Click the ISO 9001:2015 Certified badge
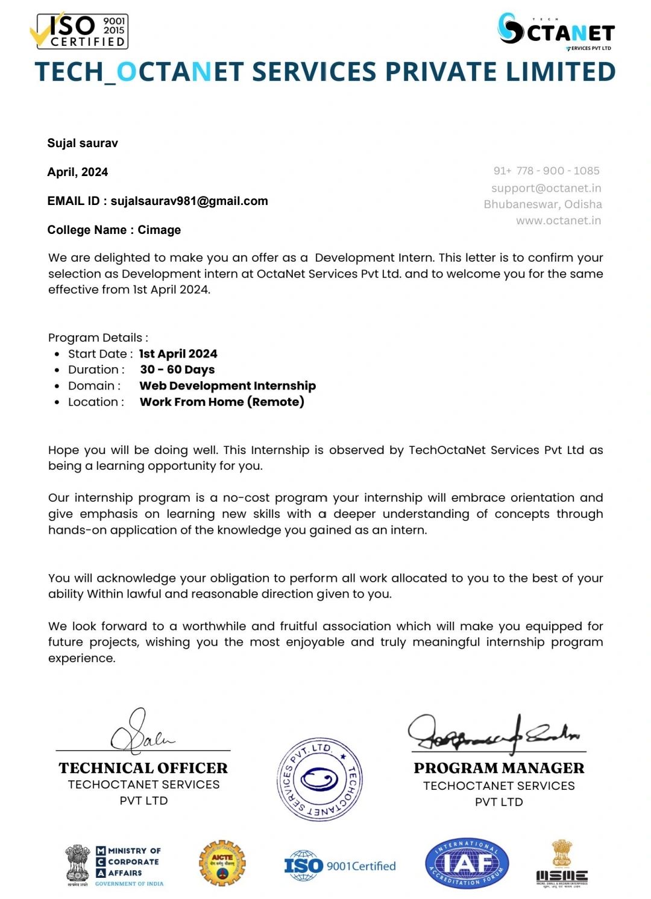79,31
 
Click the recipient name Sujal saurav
83,143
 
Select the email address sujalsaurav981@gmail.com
189,201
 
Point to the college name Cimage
159,230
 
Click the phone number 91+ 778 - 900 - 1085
546,171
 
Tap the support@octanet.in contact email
546,188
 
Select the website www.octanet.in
558,220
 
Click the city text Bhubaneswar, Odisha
542,204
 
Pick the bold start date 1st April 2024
178,354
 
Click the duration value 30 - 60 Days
177,370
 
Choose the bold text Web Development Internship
228,386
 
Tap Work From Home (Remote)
222,402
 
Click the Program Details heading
98,338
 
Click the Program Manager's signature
493,733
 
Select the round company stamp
319,780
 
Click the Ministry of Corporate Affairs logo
114,866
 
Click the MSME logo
562,865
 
